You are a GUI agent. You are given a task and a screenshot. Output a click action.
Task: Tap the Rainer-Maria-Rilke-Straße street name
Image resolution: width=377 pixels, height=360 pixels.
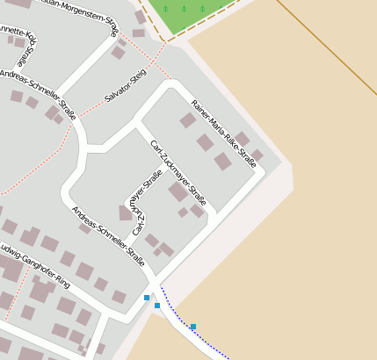[223, 133]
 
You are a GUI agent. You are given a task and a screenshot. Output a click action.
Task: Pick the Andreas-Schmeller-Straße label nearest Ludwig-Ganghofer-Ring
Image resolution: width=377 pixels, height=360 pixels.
[107, 235]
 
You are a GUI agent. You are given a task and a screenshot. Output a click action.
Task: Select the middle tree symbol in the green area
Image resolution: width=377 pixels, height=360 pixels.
[184, 9]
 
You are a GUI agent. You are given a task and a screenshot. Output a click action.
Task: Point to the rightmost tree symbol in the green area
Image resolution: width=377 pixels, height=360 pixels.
[201, 9]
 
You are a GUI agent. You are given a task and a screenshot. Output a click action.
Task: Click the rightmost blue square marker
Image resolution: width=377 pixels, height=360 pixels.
[193, 328]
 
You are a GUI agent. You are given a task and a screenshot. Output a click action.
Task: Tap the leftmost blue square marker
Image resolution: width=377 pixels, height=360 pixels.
[147, 298]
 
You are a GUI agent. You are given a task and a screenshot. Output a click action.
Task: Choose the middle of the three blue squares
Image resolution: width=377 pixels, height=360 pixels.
[157, 306]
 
